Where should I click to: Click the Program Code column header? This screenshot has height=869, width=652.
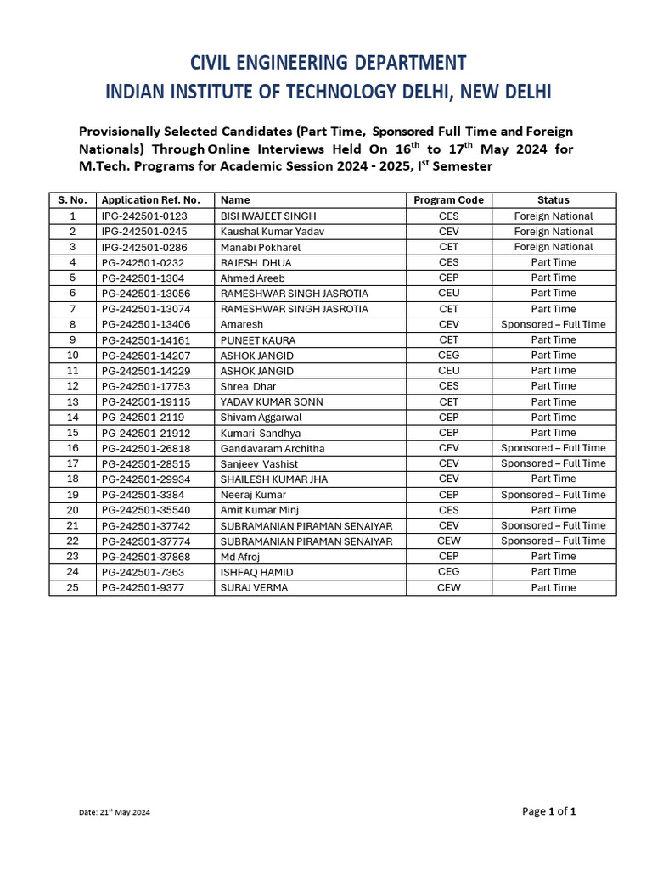tap(448, 200)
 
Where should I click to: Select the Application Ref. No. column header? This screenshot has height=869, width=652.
tap(150, 200)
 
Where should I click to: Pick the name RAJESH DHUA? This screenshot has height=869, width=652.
tap(256, 262)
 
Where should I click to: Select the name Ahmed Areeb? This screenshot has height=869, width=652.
tap(253, 278)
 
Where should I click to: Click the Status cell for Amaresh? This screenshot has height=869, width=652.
tap(553, 324)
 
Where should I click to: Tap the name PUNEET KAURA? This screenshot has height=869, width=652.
tap(258, 339)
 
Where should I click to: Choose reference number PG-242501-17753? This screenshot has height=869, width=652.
tap(146, 386)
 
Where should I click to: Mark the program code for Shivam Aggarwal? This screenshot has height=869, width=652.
tap(448, 417)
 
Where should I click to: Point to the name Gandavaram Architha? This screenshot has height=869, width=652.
tap(273, 448)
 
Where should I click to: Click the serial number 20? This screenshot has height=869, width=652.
tap(72, 510)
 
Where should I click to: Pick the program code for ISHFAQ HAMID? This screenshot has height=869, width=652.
tap(448, 571)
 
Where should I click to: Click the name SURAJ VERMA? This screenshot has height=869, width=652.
tap(254, 587)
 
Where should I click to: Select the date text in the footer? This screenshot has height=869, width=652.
tap(115, 812)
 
